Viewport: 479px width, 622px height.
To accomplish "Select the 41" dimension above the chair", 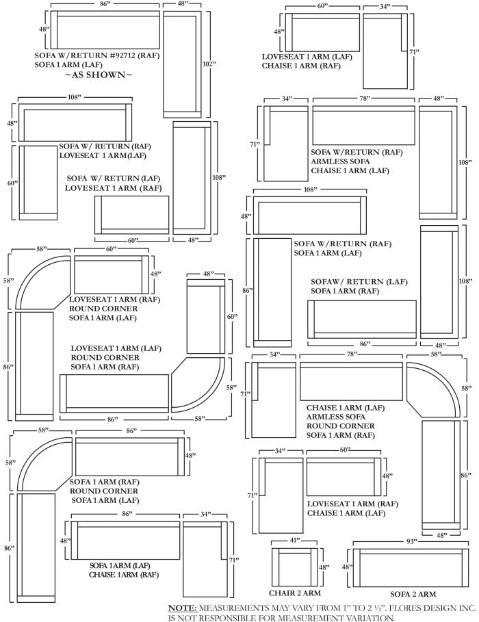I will pyautogui.click(x=294, y=541).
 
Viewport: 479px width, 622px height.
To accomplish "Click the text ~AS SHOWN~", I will pyautogui.click(x=99, y=75).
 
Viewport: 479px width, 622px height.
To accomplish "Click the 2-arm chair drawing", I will pyautogui.click(x=294, y=567).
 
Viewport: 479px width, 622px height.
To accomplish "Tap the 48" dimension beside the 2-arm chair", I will pyautogui.click(x=324, y=567).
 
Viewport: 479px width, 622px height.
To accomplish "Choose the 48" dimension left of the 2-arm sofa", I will pyautogui.click(x=346, y=567).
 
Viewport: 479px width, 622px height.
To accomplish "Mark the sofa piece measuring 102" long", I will pyautogui.click(x=181, y=64).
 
